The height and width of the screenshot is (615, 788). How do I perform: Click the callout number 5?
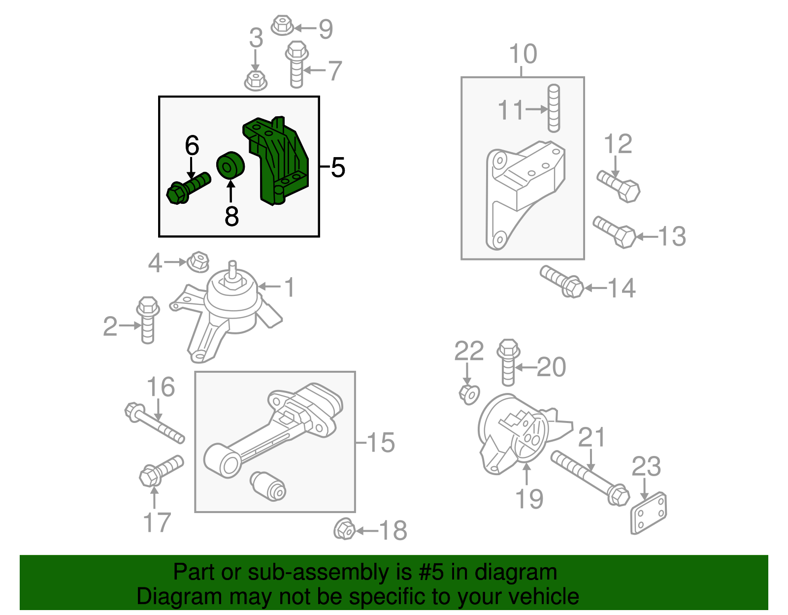point(338,167)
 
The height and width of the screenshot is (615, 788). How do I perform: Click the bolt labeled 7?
point(296,65)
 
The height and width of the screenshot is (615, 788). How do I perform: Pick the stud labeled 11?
point(554,108)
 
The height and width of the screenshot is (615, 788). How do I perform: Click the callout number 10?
point(523,54)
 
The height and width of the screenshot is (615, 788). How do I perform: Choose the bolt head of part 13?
point(624,237)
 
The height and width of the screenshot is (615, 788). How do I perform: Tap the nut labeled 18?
point(344,529)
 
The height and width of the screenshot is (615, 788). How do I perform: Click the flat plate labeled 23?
point(648,514)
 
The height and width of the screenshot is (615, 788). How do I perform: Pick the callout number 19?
point(529,498)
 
